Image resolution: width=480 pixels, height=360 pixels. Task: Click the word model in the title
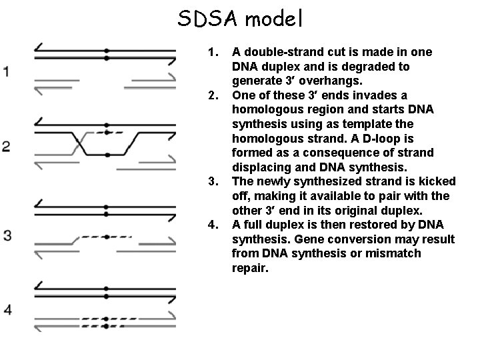click(x=274, y=18)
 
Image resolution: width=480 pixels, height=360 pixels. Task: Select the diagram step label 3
click(x=7, y=235)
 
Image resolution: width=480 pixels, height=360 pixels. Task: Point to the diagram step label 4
click(x=7, y=309)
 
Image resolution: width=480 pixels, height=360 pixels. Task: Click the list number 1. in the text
click(x=213, y=52)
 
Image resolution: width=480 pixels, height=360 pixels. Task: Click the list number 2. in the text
click(x=213, y=95)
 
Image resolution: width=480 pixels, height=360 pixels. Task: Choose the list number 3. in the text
click(x=213, y=182)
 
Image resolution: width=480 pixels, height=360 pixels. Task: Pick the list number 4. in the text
click(x=213, y=225)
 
